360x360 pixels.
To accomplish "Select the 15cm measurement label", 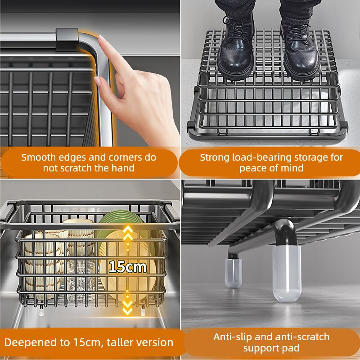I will click(x=127, y=266).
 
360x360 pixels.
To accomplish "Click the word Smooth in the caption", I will click(x=41, y=157).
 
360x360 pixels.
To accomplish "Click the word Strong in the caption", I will click(x=216, y=157).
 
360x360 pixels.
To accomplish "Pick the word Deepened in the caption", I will click(x=28, y=342).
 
